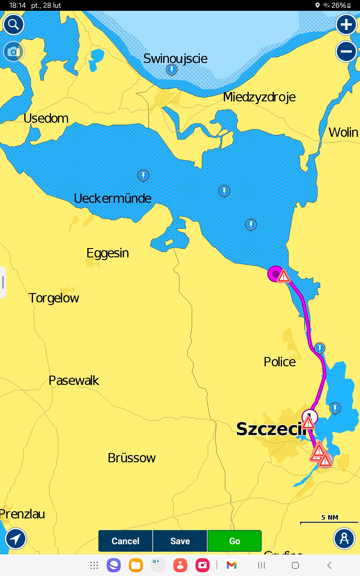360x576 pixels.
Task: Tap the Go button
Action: click(234, 541)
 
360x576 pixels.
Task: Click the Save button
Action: click(180, 541)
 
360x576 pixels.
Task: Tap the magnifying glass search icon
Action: click(13, 24)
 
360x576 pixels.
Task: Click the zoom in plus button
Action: click(346, 25)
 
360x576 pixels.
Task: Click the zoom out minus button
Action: click(346, 51)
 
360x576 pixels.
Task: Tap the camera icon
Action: click(13, 52)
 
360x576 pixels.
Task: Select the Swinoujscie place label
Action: click(175, 58)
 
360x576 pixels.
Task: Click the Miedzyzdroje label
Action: click(259, 97)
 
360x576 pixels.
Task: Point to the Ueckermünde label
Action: click(112, 198)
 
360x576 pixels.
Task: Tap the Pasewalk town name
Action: click(74, 380)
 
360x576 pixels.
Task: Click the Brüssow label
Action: click(132, 458)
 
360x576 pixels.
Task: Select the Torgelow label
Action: click(54, 298)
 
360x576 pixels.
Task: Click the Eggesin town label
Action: click(108, 253)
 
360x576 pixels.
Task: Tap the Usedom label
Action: click(46, 118)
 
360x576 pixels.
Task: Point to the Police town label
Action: click(280, 362)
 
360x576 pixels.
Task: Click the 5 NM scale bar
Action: click(329, 522)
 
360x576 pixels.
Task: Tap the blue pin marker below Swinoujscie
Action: click(172, 70)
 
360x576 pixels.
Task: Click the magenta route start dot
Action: click(275, 274)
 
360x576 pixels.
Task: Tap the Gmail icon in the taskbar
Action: click(232, 565)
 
